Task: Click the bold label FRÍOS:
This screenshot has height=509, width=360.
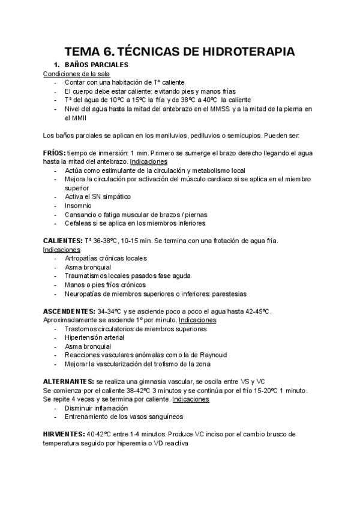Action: (54, 153)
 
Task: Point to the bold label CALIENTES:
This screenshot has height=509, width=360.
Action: (62, 241)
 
